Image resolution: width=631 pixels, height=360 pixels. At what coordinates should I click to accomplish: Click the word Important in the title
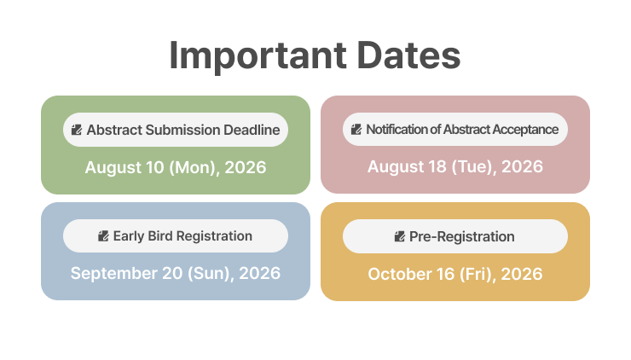tap(258, 56)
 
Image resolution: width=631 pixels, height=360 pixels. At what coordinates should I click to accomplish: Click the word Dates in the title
tap(408, 55)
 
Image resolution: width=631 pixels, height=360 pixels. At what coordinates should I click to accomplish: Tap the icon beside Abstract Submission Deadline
tap(77, 130)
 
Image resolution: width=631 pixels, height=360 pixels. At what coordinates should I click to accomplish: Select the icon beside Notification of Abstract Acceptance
tap(356, 130)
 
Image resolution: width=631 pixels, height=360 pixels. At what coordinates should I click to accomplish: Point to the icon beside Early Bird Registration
tap(103, 236)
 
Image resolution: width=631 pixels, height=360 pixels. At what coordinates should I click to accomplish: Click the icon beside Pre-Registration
tap(400, 236)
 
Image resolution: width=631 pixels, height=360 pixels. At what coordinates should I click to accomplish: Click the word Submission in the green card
tap(182, 130)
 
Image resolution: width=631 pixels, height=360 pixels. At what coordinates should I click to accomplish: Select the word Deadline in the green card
tap(252, 130)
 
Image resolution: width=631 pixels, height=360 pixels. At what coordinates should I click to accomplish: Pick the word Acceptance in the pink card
tap(525, 130)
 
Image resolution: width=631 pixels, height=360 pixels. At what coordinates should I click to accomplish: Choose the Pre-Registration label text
tap(461, 237)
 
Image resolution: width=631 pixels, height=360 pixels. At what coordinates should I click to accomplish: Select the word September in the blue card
tap(114, 274)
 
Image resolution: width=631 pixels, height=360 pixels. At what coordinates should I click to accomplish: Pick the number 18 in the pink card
tap(437, 166)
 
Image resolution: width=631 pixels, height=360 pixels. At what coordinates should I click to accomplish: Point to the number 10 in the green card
tap(155, 167)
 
